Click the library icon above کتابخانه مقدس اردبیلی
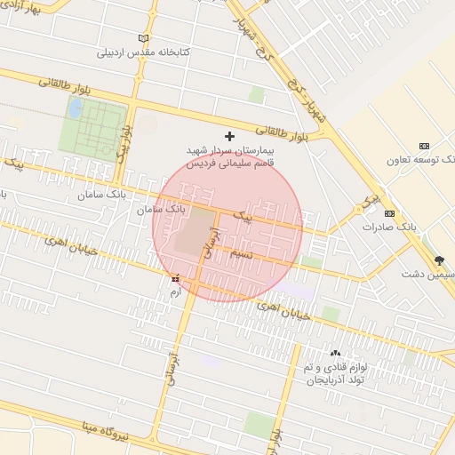tap(144, 39)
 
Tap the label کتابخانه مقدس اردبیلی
tap(144, 52)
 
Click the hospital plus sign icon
tap(230, 136)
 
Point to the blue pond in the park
tap(76, 108)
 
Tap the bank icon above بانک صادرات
tap(389, 213)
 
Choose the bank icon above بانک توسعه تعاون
tap(424, 146)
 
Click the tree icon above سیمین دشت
tap(439, 260)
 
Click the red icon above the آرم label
tap(174, 278)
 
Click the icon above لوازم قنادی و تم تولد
tap(335, 353)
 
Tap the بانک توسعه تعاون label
tap(419, 160)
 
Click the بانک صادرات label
tap(389, 227)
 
